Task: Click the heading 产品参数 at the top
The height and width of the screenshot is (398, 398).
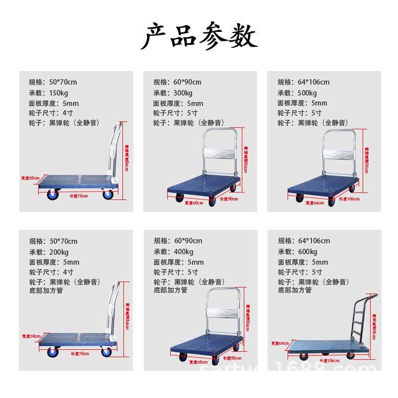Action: click(199, 36)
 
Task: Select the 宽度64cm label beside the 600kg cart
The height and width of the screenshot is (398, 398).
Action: click(280, 343)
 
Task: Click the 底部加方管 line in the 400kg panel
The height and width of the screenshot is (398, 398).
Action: click(170, 290)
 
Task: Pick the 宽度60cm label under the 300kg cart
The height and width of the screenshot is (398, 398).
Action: click(194, 202)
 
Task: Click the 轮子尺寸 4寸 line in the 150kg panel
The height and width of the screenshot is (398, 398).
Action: click(51, 113)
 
